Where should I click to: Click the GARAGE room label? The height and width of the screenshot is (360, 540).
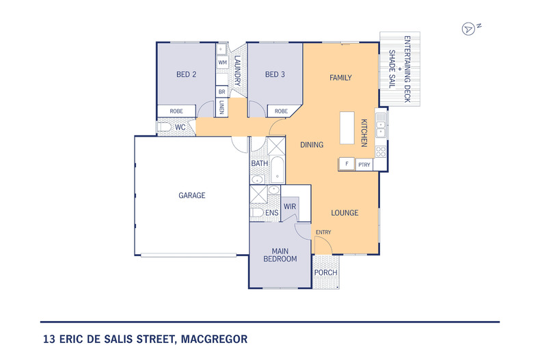[x=192, y=195]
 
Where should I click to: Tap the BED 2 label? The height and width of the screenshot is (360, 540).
[x=187, y=74]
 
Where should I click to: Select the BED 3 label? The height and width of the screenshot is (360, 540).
[x=274, y=74]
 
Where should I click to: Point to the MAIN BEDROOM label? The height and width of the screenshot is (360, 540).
[x=280, y=254]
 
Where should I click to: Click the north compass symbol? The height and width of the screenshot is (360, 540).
[x=469, y=29]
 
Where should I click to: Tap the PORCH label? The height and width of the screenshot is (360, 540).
[x=325, y=273]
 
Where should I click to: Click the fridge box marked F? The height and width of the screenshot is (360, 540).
[x=347, y=164]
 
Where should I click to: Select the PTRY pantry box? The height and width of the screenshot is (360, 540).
[x=364, y=164]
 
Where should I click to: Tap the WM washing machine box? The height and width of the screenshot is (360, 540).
[x=222, y=62]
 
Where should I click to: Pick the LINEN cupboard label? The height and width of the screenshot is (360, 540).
[x=222, y=107]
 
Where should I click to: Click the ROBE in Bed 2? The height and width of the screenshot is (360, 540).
[x=176, y=111]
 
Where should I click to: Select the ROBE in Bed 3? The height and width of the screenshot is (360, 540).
[x=281, y=111]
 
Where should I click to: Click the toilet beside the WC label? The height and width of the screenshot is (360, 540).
[x=164, y=127]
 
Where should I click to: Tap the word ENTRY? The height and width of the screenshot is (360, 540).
[x=323, y=232]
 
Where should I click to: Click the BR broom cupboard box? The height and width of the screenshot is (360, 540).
[x=221, y=91]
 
